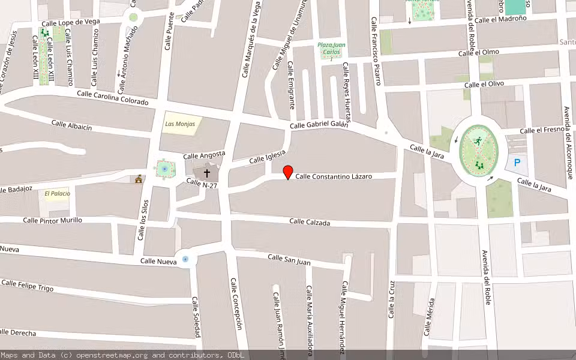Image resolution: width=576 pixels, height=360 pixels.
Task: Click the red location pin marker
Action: [x=288, y=172]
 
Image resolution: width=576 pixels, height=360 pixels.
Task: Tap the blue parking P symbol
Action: [x=517, y=162]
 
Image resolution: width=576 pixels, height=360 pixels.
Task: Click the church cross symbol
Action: [x=208, y=173]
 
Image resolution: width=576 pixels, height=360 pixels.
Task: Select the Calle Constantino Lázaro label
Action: [x=334, y=176]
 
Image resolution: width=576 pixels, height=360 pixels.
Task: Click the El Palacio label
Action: [x=57, y=193]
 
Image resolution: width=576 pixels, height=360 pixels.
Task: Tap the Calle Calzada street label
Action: [x=310, y=222]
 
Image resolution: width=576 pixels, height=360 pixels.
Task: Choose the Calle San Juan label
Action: [x=289, y=259]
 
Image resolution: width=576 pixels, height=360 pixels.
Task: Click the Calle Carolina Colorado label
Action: [x=112, y=98]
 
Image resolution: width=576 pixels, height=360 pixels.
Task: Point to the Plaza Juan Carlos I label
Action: [x=331, y=52]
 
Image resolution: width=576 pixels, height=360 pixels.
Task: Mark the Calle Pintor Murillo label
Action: [x=52, y=220]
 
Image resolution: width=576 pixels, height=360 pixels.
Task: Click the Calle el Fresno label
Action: [x=542, y=130]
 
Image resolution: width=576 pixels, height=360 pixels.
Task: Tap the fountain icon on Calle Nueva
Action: [x=185, y=259]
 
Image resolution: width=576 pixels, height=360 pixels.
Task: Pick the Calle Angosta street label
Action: [x=204, y=155]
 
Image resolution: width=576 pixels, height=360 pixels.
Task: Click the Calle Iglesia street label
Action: [x=267, y=157]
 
